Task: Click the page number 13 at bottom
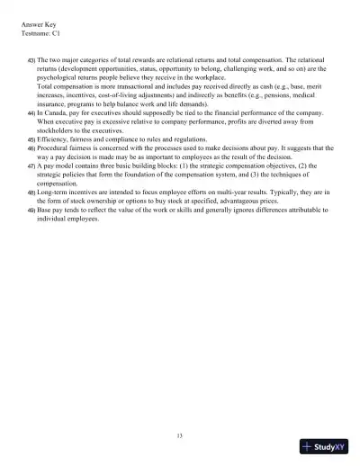(x=180, y=436)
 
